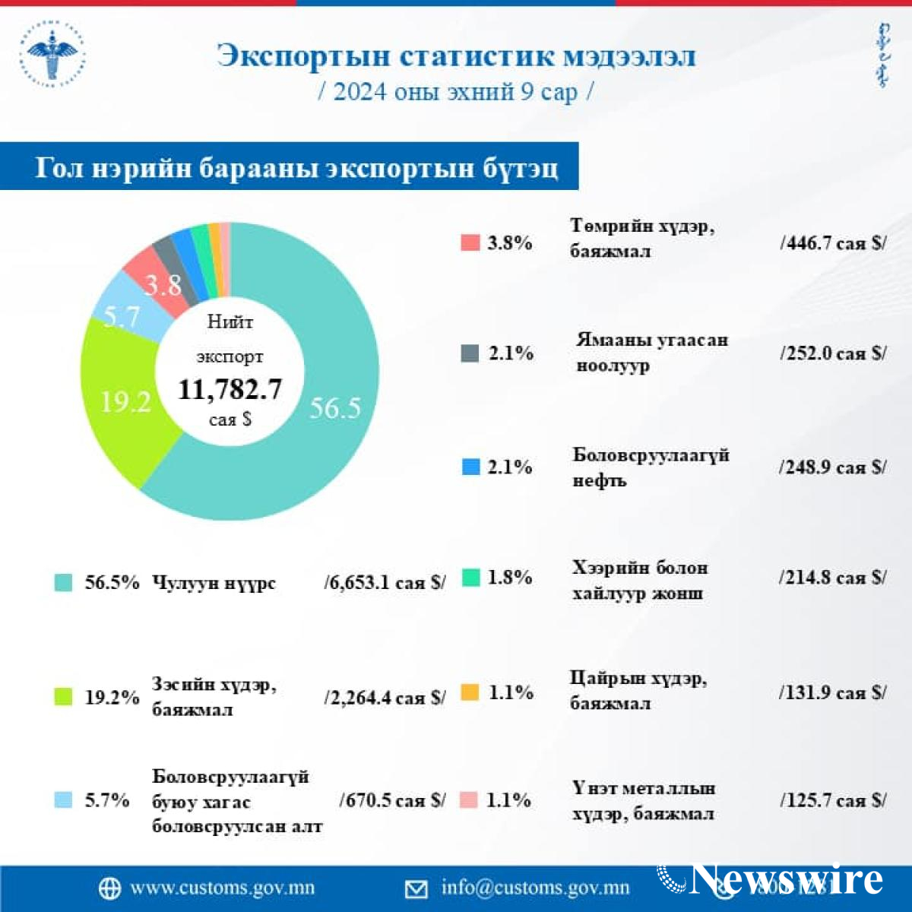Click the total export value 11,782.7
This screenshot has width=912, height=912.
(x=230, y=389)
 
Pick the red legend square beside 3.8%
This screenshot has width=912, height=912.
(x=470, y=242)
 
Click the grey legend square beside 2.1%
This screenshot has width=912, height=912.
(x=470, y=353)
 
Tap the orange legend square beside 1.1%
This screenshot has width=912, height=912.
(x=470, y=692)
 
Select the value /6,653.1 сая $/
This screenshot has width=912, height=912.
(x=385, y=582)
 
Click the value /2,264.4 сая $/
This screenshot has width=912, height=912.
(x=385, y=697)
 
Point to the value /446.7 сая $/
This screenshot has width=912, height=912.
(x=832, y=243)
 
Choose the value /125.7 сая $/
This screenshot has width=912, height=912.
(x=832, y=800)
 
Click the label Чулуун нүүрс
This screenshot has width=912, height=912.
(x=214, y=583)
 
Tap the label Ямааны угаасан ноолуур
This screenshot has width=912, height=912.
(x=651, y=352)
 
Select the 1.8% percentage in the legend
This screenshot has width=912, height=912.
(x=509, y=578)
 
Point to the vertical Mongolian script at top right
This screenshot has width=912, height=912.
(x=882, y=55)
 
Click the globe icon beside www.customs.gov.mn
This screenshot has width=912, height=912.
(x=109, y=888)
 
